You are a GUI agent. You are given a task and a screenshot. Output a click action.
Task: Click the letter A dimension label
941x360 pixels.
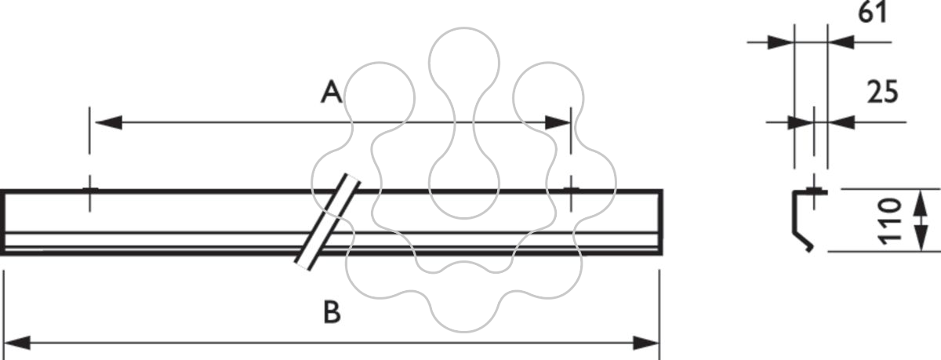point(332,93)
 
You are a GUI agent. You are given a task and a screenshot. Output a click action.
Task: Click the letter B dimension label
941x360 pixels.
point(332,311)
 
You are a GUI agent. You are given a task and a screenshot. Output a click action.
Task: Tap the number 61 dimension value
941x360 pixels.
point(872,13)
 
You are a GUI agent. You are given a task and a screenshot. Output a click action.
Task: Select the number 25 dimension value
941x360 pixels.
point(883,92)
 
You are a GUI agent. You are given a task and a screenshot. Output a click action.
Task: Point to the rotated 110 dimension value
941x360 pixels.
point(890,221)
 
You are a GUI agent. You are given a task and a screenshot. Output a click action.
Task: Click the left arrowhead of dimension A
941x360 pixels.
point(109,122)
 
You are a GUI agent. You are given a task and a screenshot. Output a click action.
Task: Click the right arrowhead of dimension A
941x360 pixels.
point(558,122)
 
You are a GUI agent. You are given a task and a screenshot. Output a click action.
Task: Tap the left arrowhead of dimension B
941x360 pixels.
point(16,343)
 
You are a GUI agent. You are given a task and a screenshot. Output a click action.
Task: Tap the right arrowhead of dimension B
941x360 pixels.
point(646,343)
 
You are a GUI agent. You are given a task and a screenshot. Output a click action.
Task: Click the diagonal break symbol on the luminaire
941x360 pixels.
point(328,222)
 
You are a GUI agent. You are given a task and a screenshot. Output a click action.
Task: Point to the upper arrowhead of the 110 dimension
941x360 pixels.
point(921,202)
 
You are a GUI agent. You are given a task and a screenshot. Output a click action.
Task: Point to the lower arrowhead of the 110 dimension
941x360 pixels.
point(921,238)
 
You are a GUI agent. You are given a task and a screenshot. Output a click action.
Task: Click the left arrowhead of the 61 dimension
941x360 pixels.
point(781,42)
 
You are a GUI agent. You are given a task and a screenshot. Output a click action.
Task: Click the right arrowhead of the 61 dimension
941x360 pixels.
point(841,42)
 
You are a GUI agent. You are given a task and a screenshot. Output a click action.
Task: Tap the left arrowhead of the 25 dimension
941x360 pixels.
point(801,122)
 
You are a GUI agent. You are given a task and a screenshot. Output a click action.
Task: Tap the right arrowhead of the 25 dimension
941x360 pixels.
point(841,122)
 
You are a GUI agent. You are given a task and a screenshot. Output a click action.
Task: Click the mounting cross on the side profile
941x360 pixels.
point(814,192)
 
